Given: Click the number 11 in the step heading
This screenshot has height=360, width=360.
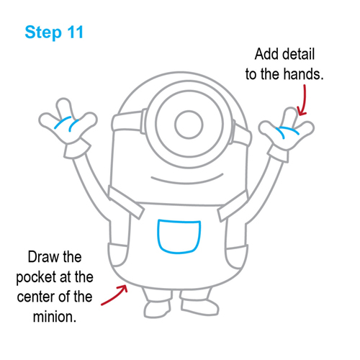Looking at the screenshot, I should point(73,32).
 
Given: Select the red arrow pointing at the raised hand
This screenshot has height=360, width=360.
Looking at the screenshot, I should point(301,100).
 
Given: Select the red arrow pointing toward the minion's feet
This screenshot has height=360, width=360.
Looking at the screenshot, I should point(113,294).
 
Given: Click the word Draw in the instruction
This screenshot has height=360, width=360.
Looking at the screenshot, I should point(44,257).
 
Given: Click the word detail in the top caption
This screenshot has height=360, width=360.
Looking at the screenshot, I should point(303,55).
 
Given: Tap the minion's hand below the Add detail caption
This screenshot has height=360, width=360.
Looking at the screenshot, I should point(286,130).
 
